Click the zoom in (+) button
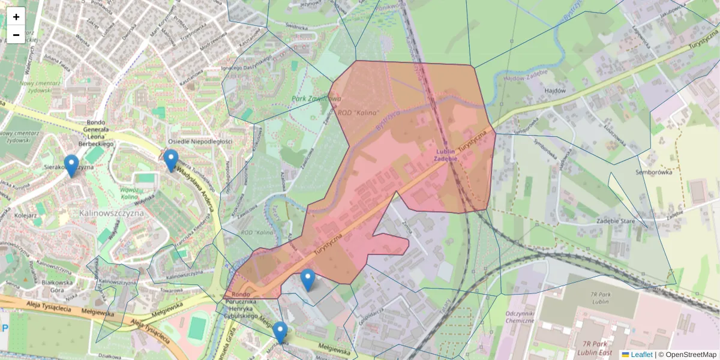pos(16,17)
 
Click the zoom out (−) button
pos(16,35)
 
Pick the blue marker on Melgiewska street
pos(280,332)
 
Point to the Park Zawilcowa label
pos(316,98)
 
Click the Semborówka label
pos(653,172)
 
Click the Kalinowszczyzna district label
pos(111,212)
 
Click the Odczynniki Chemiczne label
pos(520,317)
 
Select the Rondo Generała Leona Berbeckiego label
pos(96,133)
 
